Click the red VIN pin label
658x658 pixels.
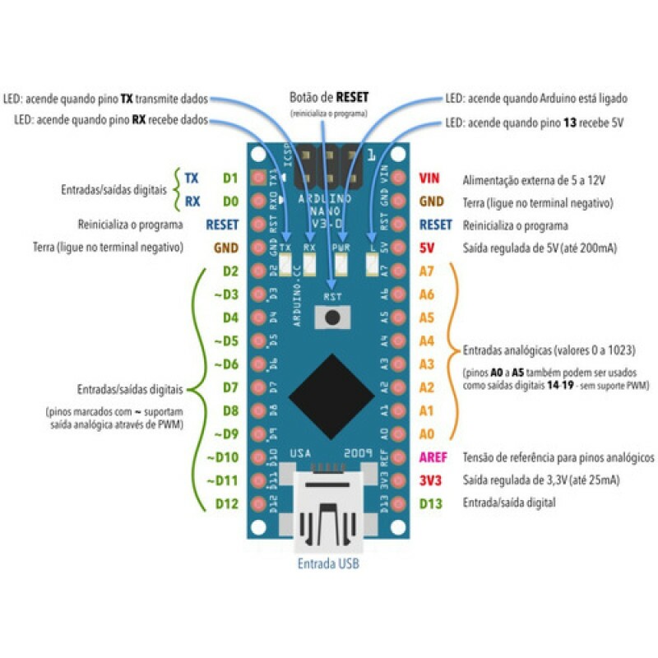[429, 178]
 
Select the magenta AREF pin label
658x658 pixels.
[433, 457]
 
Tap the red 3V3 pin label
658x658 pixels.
[431, 480]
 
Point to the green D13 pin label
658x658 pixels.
[431, 503]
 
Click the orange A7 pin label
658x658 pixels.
[427, 271]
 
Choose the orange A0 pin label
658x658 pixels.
[427, 433]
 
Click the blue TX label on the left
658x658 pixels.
[192, 178]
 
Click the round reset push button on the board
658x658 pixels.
[332, 317]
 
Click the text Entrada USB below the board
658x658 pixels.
[328, 564]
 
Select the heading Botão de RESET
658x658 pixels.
[328, 97]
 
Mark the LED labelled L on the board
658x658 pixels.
[371, 265]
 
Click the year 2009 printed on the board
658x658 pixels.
[360, 453]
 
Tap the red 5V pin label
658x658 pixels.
[428, 247]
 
